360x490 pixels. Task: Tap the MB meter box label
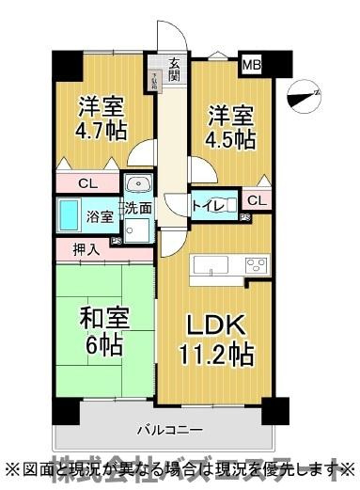[252, 65]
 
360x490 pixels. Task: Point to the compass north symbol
[304, 95]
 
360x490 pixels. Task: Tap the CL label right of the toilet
[254, 200]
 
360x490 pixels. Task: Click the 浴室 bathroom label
[101, 216]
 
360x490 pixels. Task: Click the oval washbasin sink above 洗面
[138, 184]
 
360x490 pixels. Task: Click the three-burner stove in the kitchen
[254, 266]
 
